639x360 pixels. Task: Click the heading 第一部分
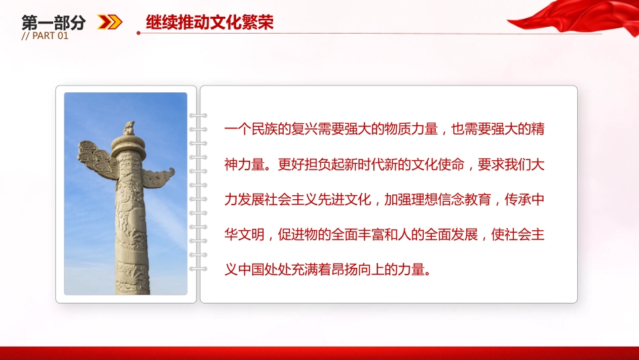[x=54, y=22]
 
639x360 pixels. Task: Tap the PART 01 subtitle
[x=45, y=36]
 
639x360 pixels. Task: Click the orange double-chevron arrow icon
[x=110, y=22]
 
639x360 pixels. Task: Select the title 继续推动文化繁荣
[x=210, y=22]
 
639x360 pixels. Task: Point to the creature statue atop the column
[x=127, y=127]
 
